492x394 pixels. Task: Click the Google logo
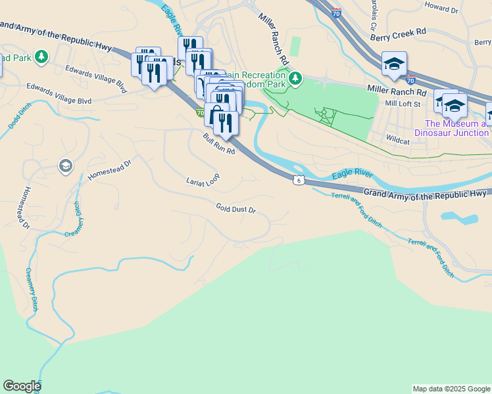[22, 386]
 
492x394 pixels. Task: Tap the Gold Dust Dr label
[235, 208]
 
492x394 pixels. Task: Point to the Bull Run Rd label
[218, 144]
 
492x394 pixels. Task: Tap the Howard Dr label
[441, 9]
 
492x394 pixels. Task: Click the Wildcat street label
[398, 140]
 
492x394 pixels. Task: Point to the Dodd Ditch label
[15, 118]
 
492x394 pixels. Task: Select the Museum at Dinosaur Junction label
[456, 128]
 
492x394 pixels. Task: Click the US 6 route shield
[299, 180]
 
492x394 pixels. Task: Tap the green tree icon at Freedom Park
[295, 79]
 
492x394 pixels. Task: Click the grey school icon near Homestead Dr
[65, 165]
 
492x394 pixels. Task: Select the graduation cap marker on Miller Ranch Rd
[394, 64]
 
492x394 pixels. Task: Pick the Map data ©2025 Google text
[451, 389]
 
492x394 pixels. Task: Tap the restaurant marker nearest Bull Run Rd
[226, 123]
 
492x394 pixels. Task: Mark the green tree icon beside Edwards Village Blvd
[41, 57]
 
